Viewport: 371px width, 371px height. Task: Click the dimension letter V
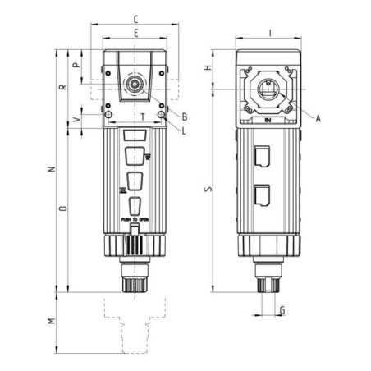[x=77, y=120]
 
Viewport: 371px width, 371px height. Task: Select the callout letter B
[x=185, y=117]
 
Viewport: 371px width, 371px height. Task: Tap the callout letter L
[x=185, y=131]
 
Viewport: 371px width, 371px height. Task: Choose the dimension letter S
[x=208, y=190]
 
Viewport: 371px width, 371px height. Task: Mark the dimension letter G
[x=282, y=310]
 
